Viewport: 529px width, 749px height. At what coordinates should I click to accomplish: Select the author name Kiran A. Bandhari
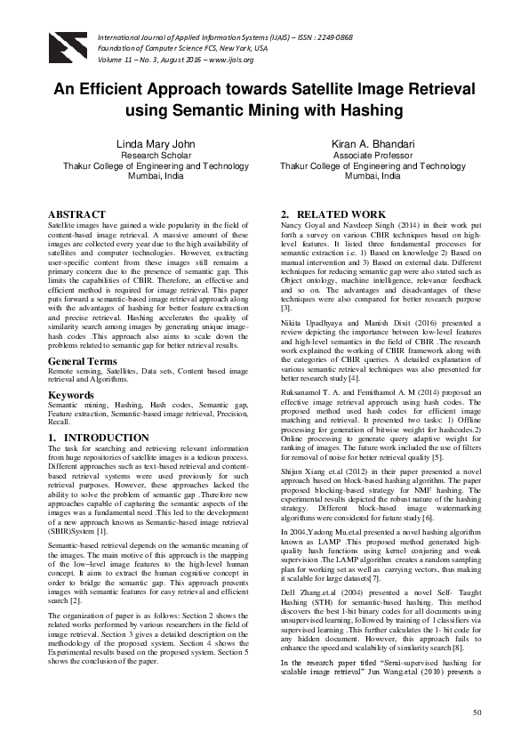[x=373, y=142]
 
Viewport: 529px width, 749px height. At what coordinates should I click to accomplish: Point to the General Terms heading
[x=82, y=361]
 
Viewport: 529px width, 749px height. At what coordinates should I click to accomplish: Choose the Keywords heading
[x=71, y=393]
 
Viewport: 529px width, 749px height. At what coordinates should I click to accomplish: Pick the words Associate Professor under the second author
[x=373, y=154]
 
